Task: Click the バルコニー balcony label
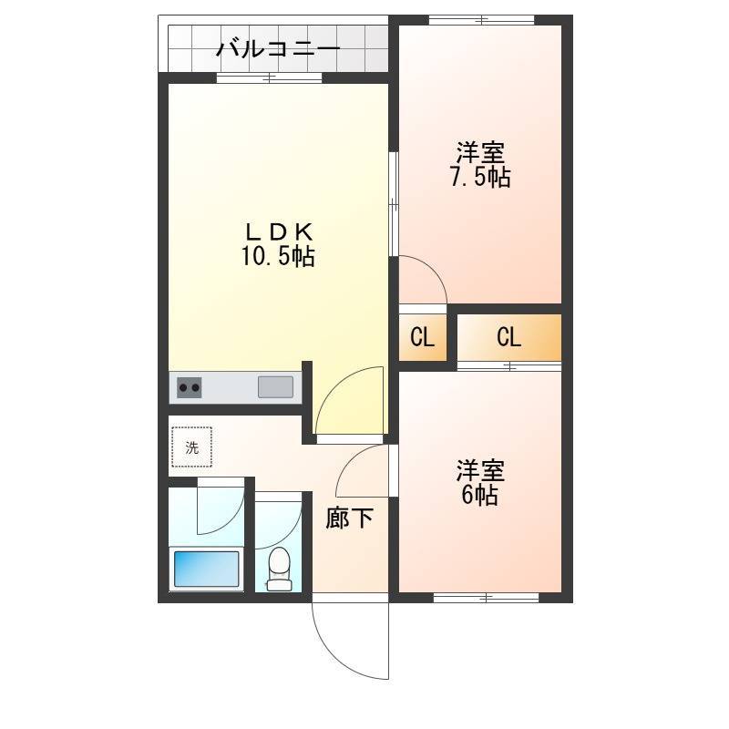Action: (278, 48)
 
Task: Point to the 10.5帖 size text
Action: (278, 258)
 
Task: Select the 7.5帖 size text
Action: (480, 177)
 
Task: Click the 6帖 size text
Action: (480, 497)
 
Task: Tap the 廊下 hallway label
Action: (350, 519)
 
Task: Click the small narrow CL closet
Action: (422, 337)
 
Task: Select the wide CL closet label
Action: (508, 337)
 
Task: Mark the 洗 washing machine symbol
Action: (191, 447)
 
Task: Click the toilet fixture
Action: (279, 567)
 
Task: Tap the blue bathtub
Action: (207, 570)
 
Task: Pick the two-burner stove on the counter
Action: (190, 387)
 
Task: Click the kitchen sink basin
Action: (275, 386)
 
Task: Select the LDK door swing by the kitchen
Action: (351, 401)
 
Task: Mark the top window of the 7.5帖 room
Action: (481, 19)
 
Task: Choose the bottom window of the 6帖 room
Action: (486, 598)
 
